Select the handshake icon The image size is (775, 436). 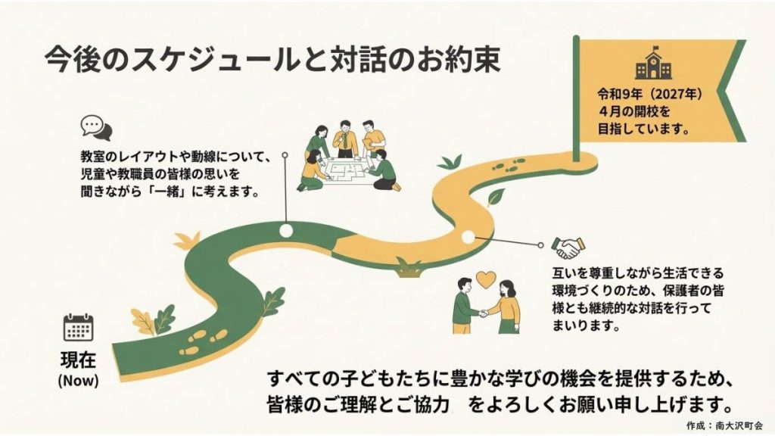(x=568, y=246)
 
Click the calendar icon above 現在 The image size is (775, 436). (x=78, y=329)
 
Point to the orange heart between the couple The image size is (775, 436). (x=484, y=279)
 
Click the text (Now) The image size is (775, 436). (x=78, y=378)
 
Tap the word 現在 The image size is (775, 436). (x=78, y=360)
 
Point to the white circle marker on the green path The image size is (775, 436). (x=285, y=229)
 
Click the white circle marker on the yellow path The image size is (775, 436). (x=468, y=237)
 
